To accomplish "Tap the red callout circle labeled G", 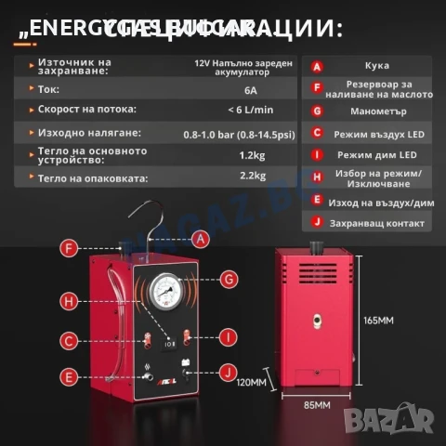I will coord(230,278).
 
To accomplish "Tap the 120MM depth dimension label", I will coord(252,382).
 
